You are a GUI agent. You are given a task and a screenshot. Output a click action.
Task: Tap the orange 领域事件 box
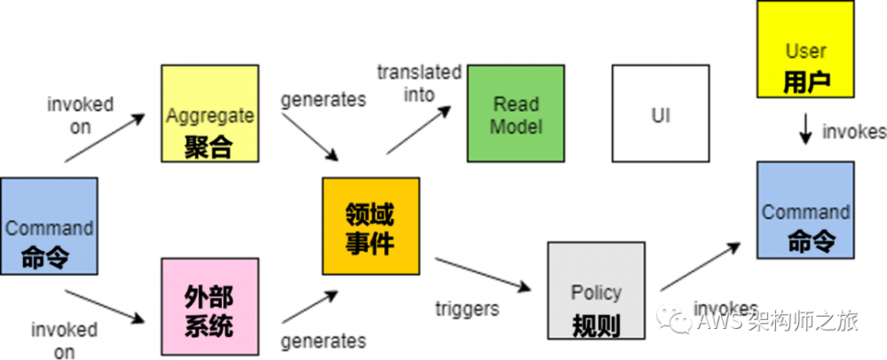pos(370,226)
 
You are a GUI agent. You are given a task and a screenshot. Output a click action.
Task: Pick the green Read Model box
pos(515,113)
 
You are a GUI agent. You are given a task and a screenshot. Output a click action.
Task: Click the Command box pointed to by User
pos(805,210)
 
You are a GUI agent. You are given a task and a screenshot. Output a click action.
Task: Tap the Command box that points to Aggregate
pos(49,225)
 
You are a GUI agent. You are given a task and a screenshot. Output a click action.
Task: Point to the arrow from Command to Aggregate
pos(104,138)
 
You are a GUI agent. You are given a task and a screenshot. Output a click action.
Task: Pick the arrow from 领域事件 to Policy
pos(483,274)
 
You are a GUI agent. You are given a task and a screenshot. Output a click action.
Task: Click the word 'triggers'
pos(467,309)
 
